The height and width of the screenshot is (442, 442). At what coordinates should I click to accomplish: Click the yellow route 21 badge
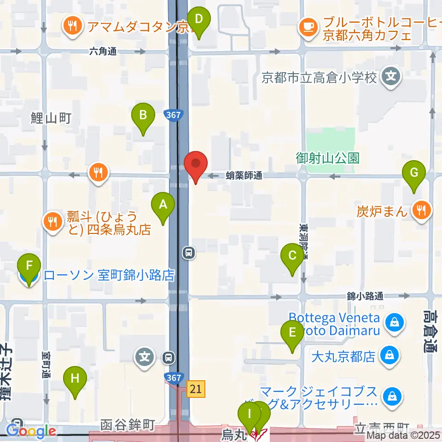point(196,390)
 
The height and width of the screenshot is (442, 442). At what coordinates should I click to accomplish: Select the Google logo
point(30,431)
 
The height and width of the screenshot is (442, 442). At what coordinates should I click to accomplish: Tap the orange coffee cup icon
point(308,26)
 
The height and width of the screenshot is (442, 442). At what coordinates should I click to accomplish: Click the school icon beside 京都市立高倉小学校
point(391,76)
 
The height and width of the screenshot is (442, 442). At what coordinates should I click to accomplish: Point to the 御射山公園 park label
point(327,158)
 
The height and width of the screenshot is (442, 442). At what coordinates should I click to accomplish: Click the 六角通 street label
point(103,52)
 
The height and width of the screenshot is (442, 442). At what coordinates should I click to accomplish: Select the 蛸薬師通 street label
point(244,175)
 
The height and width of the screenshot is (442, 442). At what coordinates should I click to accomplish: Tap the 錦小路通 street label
point(365,297)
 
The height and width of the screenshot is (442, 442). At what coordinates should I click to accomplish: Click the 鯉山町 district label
point(51,119)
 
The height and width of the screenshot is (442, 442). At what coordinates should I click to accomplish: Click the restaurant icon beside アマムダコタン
point(71,26)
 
